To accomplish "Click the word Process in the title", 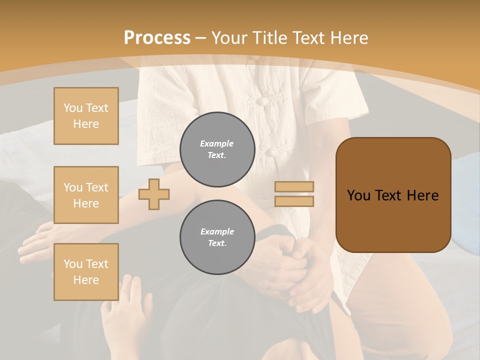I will click(157, 37).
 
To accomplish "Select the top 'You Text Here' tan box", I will click(86, 116).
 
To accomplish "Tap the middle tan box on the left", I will click(86, 195).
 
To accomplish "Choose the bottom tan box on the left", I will click(86, 271).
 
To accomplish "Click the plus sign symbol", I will click(154, 194).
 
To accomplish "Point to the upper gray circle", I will click(217, 149).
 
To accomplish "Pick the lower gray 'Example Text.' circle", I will click(217, 237).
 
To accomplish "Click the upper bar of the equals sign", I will click(294, 186).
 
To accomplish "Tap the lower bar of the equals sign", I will click(294, 201).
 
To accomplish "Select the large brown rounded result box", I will click(393, 195).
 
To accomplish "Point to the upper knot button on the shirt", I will click(260, 101).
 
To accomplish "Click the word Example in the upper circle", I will click(217, 143).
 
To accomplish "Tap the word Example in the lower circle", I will click(217, 231).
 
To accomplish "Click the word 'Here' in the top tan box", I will click(86, 124).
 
